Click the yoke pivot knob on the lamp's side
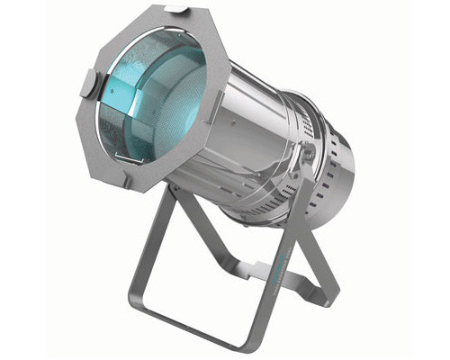coord(309,153)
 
